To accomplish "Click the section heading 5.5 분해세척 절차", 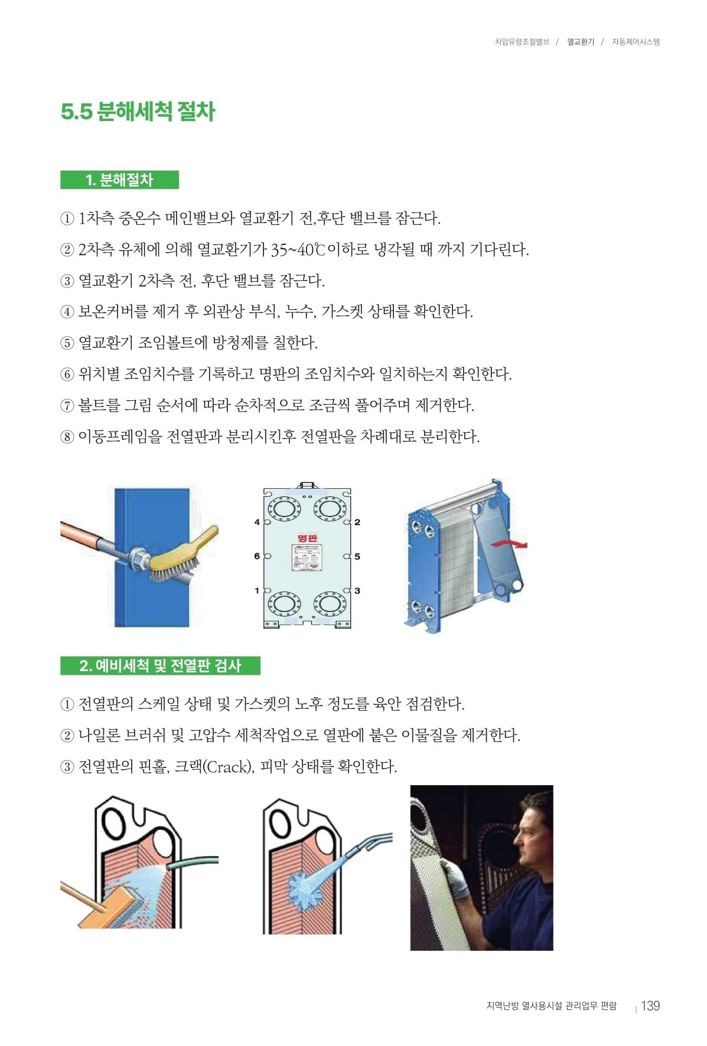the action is click(138, 112).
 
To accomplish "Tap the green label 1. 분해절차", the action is click(119, 180).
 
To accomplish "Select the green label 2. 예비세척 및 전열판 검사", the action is click(160, 666).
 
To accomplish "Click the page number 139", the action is click(650, 1006).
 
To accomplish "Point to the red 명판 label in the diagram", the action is click(307, 538).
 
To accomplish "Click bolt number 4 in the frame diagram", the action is click(257, 522).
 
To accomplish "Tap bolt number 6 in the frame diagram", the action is click(257, 556).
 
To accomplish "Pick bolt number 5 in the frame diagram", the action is click(357, 556).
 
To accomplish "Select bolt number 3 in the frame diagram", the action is click(357, 590).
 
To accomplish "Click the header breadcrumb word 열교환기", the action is click(581, 42).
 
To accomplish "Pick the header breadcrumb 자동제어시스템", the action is click(636, 42).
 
